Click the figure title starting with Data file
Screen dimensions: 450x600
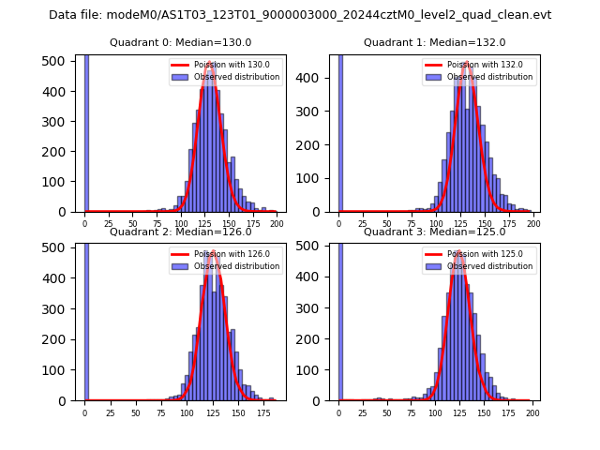300,15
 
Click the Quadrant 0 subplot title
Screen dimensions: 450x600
180,42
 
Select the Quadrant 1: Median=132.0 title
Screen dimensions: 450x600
434,42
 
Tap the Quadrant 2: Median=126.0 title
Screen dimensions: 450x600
180,232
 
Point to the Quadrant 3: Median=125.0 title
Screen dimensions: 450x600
434,232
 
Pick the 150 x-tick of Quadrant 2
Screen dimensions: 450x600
237,412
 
